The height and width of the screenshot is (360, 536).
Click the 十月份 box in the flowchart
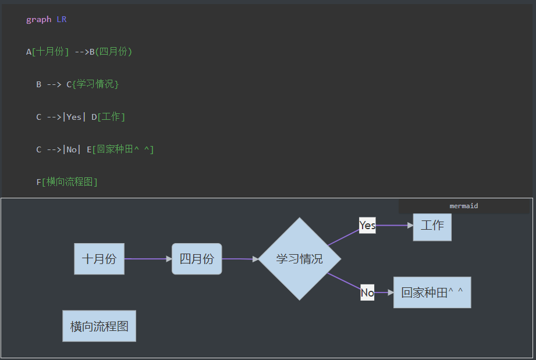coord(99,259)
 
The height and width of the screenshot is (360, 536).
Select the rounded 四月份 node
coord(197,259)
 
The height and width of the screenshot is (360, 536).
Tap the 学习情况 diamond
coord(299,259)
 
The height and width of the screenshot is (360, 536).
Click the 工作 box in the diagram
coord(432,226)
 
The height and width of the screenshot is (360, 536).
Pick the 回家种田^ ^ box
coord(432,293)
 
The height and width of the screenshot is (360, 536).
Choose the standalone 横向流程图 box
coord(99,326)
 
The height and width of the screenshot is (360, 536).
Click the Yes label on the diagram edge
coord(367,225)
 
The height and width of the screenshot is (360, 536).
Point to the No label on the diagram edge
coord(367,293)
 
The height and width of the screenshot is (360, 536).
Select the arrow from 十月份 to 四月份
coord(148,259)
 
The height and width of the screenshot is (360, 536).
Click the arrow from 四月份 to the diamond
coord(240,259)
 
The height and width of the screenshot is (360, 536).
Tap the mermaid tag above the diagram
coord(464,206)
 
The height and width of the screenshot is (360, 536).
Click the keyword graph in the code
coord(39,19)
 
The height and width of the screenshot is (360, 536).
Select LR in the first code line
coord(62,19)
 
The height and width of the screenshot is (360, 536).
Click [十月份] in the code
coord(50,52)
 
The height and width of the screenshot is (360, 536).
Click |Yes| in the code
coord(74,117)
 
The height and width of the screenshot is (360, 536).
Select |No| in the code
coord(72,149)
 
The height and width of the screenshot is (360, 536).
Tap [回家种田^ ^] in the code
coord(123,149)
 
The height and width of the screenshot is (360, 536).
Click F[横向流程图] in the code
coord(67,182)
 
